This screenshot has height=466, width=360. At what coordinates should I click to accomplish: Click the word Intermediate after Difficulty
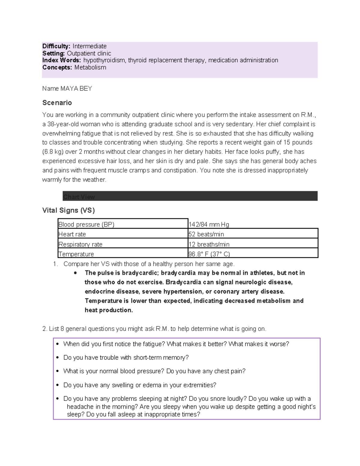coord(89,46)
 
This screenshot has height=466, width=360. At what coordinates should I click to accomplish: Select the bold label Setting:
coord(53,53)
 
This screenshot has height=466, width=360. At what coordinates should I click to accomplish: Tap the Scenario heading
coord(57,103)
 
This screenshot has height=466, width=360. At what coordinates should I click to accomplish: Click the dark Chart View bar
coord(190,196)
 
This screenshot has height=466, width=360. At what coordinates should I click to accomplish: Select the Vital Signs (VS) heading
coord(68,210)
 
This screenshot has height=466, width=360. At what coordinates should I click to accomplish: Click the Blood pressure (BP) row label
coord(86,224)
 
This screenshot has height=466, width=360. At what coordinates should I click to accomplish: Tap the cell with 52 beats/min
coord(206,234)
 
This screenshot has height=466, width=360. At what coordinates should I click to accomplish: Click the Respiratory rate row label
coord(80,244)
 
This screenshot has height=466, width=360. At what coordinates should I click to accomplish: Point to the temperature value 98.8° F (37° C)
coord(209,254)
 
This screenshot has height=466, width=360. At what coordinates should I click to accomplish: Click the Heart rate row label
coord(72,234)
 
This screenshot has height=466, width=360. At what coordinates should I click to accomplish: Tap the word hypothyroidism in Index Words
coord(104,60)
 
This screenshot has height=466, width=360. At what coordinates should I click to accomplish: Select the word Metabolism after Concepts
coord(90,68)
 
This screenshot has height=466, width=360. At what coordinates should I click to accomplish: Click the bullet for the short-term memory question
coord(58,358)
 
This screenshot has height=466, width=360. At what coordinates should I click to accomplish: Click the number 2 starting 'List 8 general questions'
coord(44,329)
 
